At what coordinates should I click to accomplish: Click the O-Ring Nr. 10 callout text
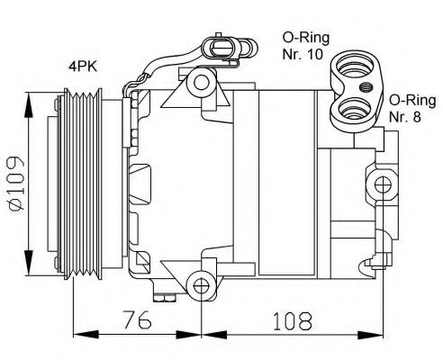click(306, 45)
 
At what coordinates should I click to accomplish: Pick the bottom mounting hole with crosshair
click(203, 287)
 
